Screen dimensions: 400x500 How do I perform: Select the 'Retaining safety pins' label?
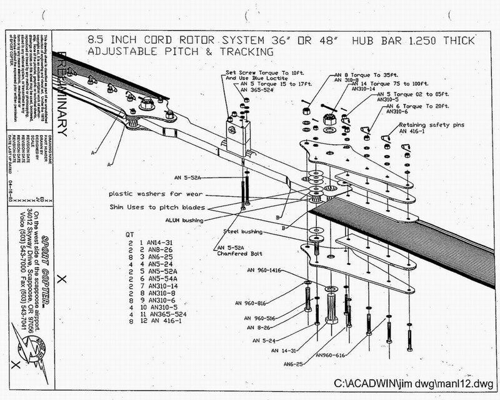point(429,124)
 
